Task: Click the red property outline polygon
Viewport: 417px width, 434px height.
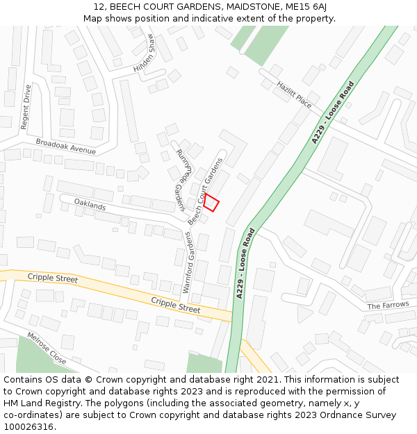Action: (211, 202)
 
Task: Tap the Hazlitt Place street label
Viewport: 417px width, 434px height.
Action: (294, 94)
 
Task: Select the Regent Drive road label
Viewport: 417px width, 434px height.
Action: (26, 107)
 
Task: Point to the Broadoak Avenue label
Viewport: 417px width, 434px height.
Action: (66, 146)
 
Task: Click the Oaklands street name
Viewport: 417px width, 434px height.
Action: (90, 206)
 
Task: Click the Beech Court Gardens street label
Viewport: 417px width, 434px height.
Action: (206, 191)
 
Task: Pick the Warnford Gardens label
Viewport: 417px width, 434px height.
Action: (186, 262)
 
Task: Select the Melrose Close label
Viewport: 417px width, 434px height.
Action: (47, 349)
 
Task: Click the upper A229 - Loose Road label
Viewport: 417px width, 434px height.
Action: (333, 112)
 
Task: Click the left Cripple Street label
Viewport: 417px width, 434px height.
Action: (53, 278)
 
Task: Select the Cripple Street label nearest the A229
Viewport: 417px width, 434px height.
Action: (175, 304)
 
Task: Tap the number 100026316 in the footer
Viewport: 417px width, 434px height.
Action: (28, 426)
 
